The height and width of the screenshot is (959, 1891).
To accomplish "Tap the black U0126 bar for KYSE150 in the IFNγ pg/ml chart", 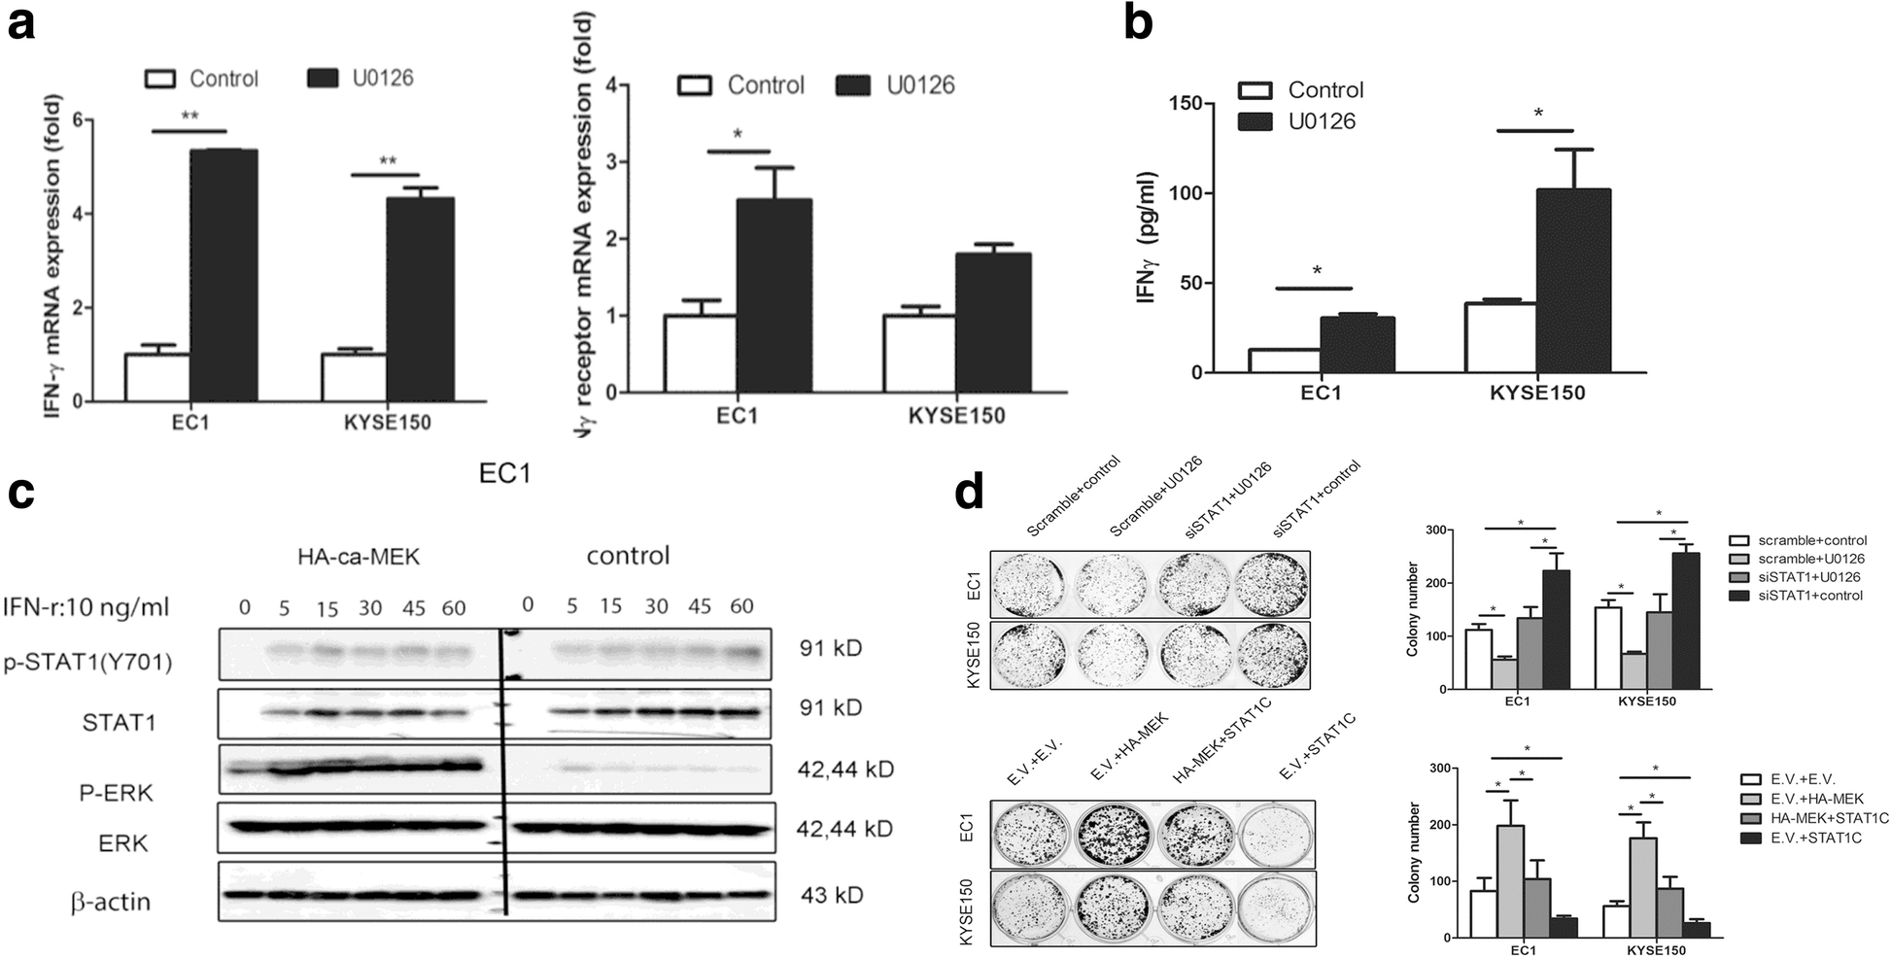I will coord(1573,281).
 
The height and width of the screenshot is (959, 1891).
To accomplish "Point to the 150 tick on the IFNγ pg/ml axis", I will coord(1186,104).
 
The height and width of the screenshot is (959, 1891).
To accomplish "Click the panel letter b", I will coord(1138,23).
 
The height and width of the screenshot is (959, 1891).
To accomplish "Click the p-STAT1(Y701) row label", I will coord(87,663).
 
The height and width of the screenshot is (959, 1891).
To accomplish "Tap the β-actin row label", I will coord(111,902).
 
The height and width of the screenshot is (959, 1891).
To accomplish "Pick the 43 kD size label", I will coord(831,895).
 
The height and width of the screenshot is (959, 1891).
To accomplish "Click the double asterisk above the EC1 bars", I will coord(189,118).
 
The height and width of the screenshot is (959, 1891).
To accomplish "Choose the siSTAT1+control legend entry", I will coord(1809,596).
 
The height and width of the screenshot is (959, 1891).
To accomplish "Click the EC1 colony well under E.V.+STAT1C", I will coord(1275,832).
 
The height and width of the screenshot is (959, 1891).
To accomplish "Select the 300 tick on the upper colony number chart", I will coord(1430,531).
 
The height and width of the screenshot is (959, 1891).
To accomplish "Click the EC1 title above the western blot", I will coord(505,474).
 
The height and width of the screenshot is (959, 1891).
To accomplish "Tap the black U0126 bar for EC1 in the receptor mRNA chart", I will coord(774,295).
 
